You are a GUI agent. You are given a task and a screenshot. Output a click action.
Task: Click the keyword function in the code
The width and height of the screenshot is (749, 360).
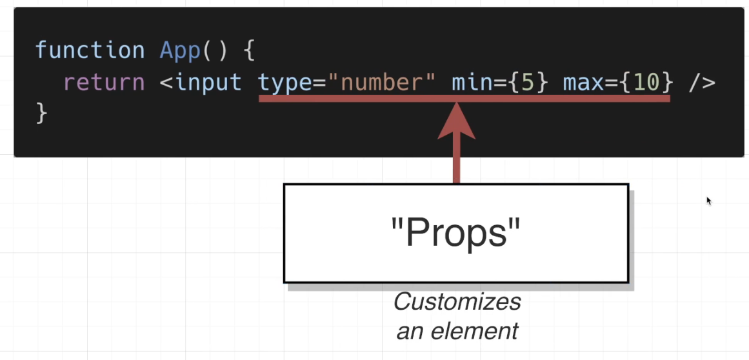tap(90, 50)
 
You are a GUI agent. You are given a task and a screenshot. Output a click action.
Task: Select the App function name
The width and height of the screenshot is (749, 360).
tap(180, 50)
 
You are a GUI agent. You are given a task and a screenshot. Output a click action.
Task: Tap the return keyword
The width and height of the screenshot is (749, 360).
tap(104, 83)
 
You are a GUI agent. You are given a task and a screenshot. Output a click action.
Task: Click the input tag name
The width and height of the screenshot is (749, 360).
tap(208, 83)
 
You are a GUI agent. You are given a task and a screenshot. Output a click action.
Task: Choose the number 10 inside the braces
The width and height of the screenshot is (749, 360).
tap(646, 83)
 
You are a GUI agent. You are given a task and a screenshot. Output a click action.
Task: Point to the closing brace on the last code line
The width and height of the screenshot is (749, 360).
tap(42, 113)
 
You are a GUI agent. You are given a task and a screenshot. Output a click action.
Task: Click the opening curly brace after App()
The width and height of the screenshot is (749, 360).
tap(250, 50)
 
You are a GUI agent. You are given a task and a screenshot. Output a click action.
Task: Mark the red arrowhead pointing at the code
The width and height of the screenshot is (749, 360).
tap(457, 123)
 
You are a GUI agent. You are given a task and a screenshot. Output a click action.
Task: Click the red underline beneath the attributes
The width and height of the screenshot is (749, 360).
tap(361, 99)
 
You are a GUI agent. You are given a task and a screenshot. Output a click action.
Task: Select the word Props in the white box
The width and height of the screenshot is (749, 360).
tap(456, 234)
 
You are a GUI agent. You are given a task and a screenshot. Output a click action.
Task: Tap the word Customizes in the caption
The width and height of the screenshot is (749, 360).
tap(457, 302)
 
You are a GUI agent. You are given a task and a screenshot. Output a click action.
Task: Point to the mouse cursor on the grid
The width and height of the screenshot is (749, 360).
tap(708, 200)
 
